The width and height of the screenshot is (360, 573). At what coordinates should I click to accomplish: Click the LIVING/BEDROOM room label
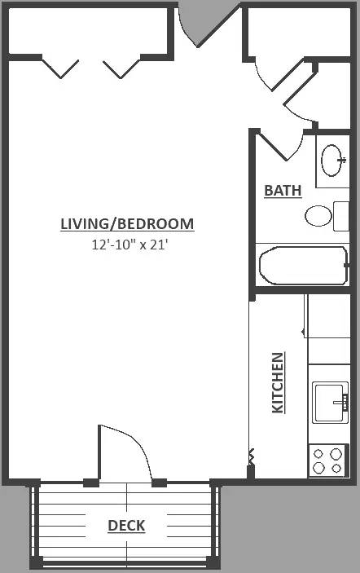point(127,223)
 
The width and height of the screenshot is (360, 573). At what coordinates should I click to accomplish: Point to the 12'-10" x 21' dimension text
point(130,245)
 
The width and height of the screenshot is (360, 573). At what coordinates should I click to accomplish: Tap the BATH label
point(283,191)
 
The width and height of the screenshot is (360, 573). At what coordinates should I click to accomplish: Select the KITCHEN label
point(279,382)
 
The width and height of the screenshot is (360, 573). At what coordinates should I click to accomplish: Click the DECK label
point(126,526)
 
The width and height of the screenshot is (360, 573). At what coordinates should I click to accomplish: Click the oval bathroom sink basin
point(331,160)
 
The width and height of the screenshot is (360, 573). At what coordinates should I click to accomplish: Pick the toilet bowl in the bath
point(318,216)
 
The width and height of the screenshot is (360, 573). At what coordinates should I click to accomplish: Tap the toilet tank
point(341,216)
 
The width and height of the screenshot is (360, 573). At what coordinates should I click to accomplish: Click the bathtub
point(303,265)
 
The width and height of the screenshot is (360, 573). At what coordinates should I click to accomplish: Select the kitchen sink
point(331,403)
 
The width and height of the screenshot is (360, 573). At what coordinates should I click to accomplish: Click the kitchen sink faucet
point(342,402)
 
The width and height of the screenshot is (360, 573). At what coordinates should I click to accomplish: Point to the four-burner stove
point(328,461)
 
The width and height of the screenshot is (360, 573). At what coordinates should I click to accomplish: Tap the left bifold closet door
point(60,68)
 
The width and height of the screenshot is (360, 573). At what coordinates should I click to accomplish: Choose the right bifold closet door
point(121,68)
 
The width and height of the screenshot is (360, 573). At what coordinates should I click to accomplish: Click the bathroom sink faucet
point(342,160)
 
